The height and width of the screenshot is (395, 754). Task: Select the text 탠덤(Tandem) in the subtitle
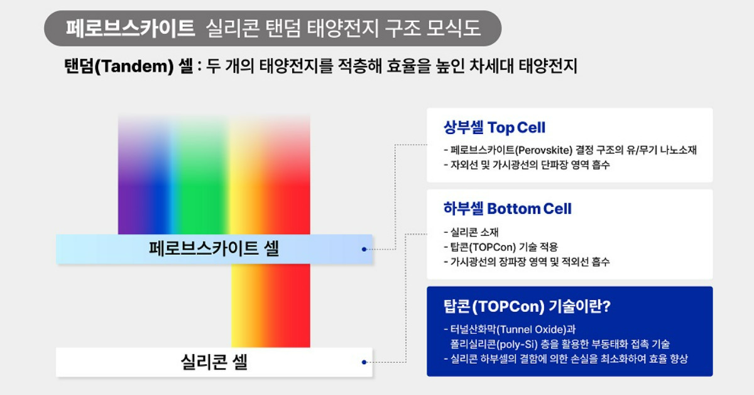coord(119,66)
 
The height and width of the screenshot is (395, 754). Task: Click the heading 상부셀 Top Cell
coord(494,128)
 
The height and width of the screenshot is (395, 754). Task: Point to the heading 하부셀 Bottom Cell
coord(507,208)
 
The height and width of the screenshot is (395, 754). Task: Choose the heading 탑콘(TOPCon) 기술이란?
coord(527,306)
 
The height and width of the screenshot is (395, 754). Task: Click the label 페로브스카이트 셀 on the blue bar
coord(214,249)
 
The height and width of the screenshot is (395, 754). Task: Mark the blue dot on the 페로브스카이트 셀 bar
coord(364,249)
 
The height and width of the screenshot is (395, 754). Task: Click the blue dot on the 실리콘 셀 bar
coord(364,362)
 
